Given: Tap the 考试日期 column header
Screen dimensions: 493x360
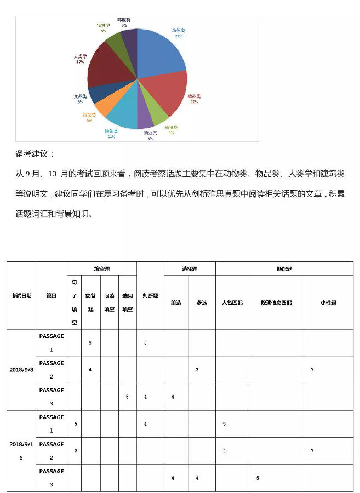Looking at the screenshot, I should point(21,295).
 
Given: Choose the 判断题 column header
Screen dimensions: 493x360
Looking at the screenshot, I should point(150,295).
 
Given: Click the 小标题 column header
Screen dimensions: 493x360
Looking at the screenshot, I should point(328,302).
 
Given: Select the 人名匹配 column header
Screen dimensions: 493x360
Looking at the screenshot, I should point(232,302).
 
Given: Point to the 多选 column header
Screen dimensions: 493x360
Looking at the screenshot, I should point(202,302).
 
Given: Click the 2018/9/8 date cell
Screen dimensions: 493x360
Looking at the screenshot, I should point(21,370).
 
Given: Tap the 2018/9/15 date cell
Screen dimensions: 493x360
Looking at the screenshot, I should point(21,450).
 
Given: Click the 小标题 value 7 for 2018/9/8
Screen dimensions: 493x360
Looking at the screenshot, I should point(312,370).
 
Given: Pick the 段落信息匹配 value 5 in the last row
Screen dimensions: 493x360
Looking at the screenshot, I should point(258,478).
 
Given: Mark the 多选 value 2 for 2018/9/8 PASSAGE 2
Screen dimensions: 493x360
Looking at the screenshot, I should point(197,370).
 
